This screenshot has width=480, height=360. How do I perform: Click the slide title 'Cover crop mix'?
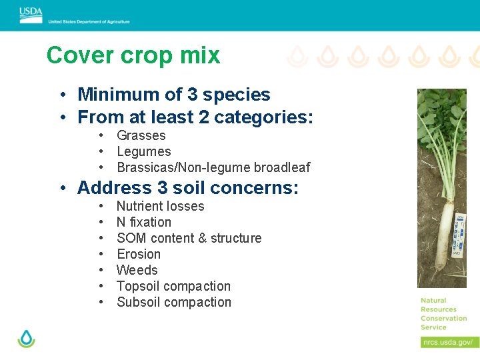[x=133, y=55]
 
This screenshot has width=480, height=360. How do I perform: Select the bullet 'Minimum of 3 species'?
[x=173, y=95]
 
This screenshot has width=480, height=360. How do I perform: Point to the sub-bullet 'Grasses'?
[x=141, y=136]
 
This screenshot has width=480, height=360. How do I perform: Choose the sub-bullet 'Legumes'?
[x=143, y=152]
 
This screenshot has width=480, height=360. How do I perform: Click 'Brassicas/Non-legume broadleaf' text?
[x=213, y=168]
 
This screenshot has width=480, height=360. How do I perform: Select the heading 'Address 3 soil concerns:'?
[x=188, y=188]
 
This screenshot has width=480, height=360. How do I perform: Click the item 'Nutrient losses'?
[x=160, y=207]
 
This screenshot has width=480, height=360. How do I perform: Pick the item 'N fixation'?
[x=143, y=223]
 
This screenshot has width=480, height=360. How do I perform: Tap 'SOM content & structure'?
[x=189, y=239]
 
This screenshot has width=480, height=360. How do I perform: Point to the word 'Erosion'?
[x=138, y=255]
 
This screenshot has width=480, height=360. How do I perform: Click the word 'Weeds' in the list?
[x=137, y=271]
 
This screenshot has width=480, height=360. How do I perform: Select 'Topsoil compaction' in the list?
[x=173, y=287]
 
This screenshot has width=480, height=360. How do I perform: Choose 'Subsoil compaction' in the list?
[x=173, y=303]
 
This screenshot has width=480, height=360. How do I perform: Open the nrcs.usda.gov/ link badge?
[x=449, y=342]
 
